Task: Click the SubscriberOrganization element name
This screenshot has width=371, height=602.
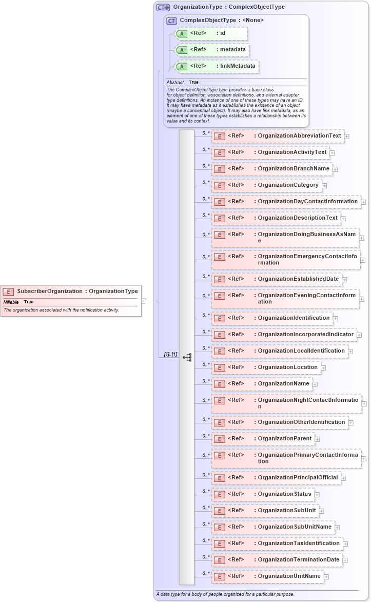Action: coord(49,291)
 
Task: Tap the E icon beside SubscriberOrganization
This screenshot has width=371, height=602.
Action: coord(8,292)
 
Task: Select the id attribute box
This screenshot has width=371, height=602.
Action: coord(211,33)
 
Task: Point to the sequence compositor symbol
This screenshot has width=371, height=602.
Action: coord(187,357)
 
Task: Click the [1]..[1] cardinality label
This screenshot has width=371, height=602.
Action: coord(170,354)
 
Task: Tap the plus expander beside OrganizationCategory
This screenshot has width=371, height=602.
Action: coord(324,185)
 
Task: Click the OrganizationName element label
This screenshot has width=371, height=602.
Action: coord(283,383)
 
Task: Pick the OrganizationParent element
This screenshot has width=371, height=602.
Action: coord(285,438)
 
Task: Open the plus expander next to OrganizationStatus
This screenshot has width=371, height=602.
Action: coord(317,494)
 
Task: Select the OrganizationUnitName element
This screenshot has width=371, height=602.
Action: coord(289,576)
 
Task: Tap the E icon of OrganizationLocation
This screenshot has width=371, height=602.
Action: coord(220,367)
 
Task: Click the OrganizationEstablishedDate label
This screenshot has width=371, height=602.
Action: coord(298,279)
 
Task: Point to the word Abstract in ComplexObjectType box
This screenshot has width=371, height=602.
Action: coord(175,82)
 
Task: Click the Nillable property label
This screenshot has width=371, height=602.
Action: coord(11,302)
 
